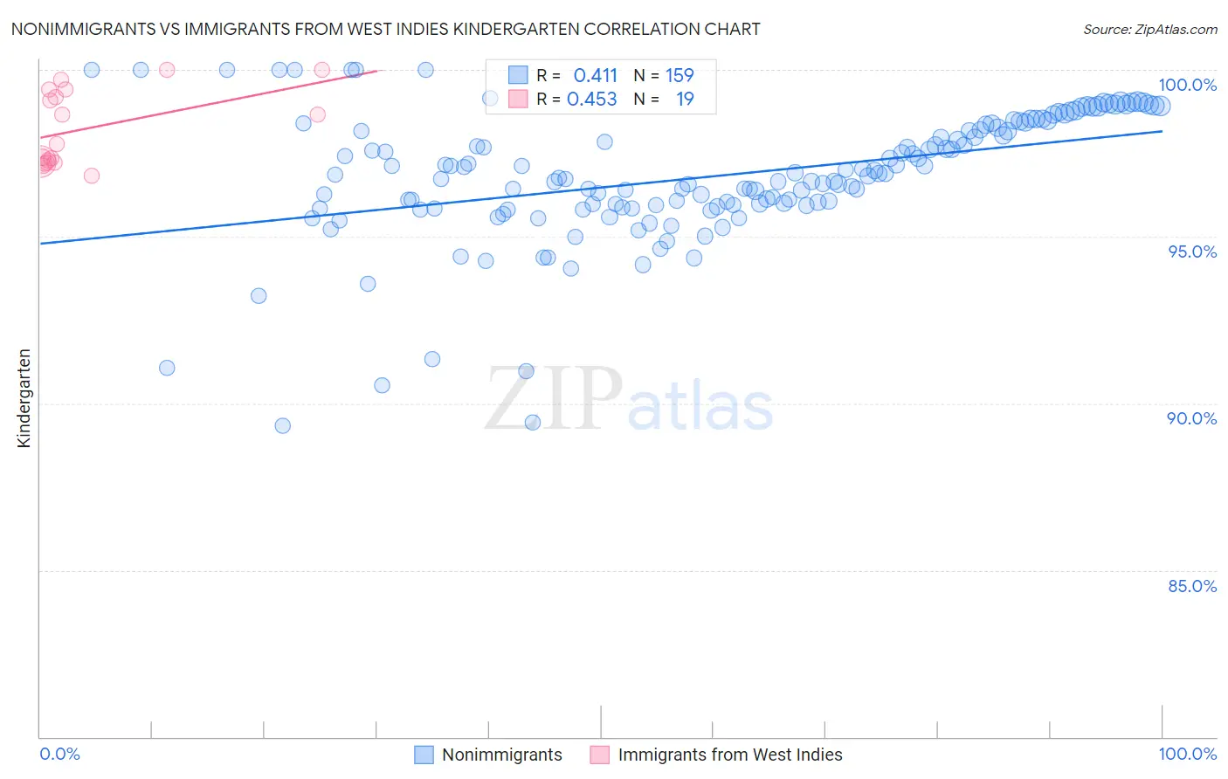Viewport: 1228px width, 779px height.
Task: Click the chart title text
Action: pyautogui.click(x=385, y=29)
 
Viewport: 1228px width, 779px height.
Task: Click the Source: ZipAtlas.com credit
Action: pyautogui.click(x=1149, y=29)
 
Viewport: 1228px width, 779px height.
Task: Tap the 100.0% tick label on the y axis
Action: pyautogui.click(x=1187, y=85)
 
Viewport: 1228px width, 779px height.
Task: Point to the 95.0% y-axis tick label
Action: pyautogui.click(x=1191, y=252)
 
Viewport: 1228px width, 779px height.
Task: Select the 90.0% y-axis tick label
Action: pyautogui.click(x=1191, y=418)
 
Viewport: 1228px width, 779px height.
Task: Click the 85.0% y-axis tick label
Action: pyautogui.click(x=1191, y=586)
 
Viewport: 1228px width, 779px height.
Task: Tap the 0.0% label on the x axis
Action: pyautogui.click(x=60, y=754)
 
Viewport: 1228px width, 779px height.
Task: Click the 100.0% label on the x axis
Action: pyautogui.click(x=1187, y=754)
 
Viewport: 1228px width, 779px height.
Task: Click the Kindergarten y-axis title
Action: pyautogui.click(x=24, y=398)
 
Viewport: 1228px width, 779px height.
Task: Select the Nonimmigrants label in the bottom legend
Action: pyautogui.click(x=501, y=755)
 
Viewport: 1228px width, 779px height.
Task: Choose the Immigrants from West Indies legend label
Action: pyautogui.click(x=729, y=755)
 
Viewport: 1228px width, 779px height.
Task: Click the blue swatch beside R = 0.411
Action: pyautogui.click(x=518, y=75)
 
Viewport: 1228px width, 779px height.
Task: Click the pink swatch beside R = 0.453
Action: pyautogui.click(x=518, y=99)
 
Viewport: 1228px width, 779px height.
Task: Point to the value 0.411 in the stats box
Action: pyautogui.click(x=595, y=75)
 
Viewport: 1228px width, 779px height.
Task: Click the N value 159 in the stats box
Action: pyautogui.click(x=680, y=75)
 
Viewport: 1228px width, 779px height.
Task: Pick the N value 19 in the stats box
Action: pyautogui.click(x=685, y=99)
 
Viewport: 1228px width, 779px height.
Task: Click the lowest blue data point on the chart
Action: pyautogui.click(x=282, y=425)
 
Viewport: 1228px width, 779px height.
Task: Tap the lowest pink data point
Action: pyautogui.click(x=92, y=176)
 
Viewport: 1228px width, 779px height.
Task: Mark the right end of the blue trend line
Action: pyautogui.click(x=1162, y=131)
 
